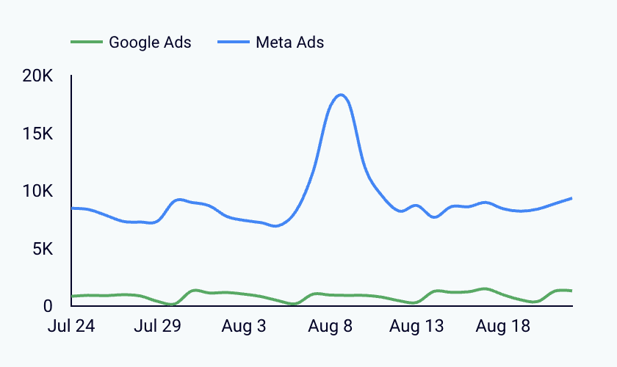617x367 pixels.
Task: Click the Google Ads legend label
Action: click(x=150, y=43)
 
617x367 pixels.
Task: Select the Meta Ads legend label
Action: click(x=289, y=42)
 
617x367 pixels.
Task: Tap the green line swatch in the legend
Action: click(x=87, y=42)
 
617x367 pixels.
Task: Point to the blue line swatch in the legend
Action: click(x=234, y=42)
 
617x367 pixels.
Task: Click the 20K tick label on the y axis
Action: click(x=37, y=76)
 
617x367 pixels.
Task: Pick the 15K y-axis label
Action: click(x=37, y=134)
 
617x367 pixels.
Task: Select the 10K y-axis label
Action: click(x=37, y=191)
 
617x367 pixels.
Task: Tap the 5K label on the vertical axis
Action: click(x=43, y=249)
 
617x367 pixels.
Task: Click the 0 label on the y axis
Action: click(x=48, y=305)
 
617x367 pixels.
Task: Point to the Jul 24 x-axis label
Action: click(x=71, y=326)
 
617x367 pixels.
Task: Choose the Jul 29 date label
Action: click(x=157, y=326)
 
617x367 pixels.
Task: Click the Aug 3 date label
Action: click(x=244, y=326)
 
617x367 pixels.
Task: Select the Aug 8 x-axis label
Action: click(x=330, y=326)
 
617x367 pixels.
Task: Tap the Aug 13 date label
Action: click(x=416, y=326)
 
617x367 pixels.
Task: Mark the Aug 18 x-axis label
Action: click(x=503, y=326)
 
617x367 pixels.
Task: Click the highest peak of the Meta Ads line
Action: click(x=341, y=95)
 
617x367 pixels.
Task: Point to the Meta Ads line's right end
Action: click(x=571, y=198)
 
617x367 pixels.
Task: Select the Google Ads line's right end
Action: click(x=571, y=291)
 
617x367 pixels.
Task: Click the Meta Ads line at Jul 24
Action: click(x=72, y=208)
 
